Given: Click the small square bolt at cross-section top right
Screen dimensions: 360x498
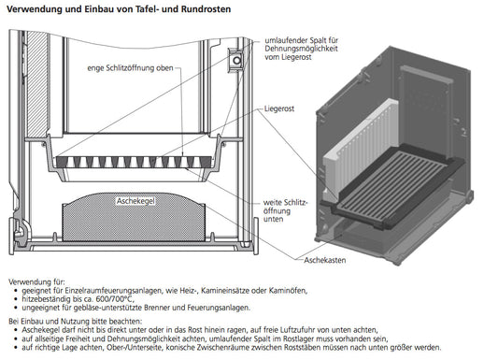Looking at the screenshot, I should [x=237, y=61].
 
